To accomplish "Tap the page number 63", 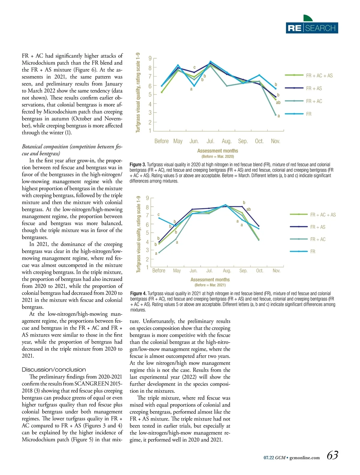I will (x=332, y=455).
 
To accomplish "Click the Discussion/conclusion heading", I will (x=54, y=370).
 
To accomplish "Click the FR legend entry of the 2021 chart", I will (x=313, y=252).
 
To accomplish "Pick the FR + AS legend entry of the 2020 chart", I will (x=314, y=88).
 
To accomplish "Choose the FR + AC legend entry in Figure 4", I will (x=318, y=239).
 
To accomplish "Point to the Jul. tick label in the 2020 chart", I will (x=210, y=141).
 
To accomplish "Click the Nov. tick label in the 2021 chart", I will (x=276, y=271).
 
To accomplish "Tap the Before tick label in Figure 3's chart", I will (x=161, y=141).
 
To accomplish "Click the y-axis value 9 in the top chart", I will (x=150, y=58).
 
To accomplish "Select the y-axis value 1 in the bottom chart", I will (x=147, y=267).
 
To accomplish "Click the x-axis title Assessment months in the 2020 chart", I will (x=217, y=151).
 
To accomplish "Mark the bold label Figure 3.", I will (x=138, y=165).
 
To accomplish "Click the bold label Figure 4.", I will (x=138, y=293).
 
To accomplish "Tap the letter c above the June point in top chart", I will (x=194, y=67).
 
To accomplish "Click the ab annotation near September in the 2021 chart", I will (x=248, y=209).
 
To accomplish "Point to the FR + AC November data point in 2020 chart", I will (x=275, y=115).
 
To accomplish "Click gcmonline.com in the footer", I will (x=304, y=458).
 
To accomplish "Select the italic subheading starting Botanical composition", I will (x=72, y=150).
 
